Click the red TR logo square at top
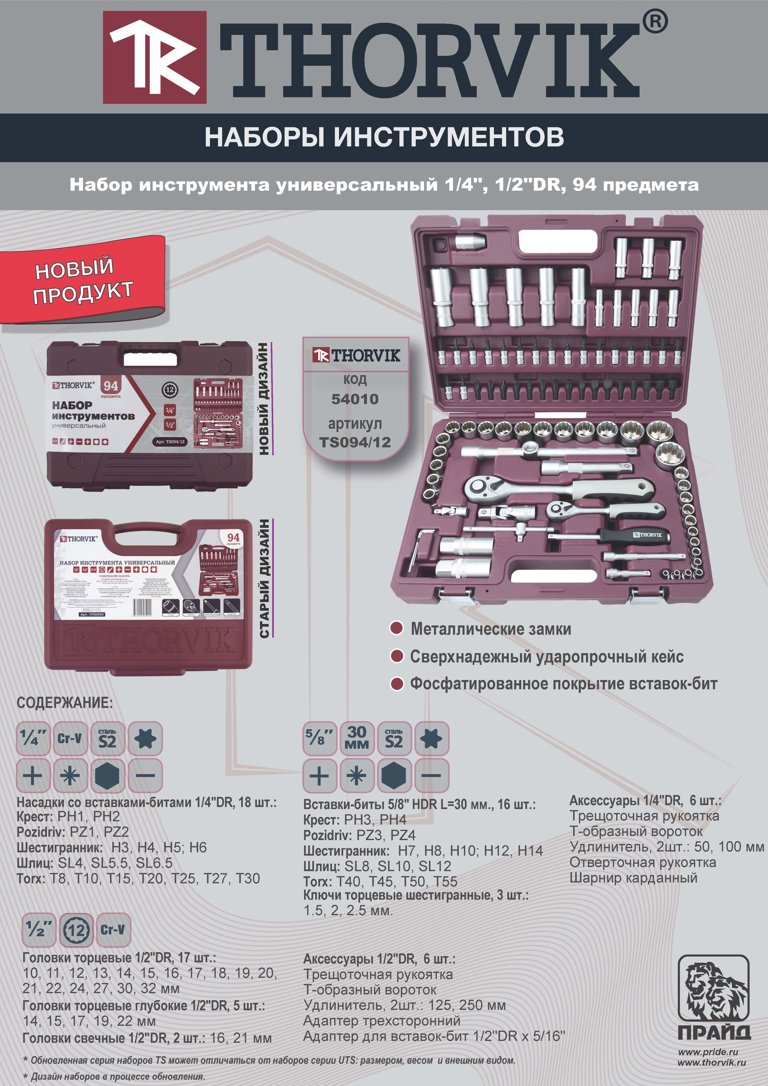coord(155,57)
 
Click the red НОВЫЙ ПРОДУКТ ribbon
coord(83,280)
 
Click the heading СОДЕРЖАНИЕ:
coord(65,703)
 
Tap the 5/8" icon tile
coord(319,738)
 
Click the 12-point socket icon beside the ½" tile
coord(77,930)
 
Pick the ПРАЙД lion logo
coord(714,993)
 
